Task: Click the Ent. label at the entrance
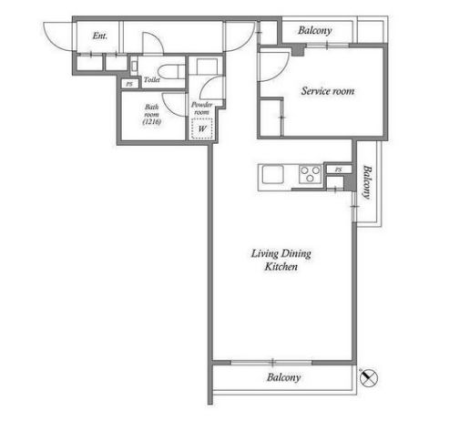100,36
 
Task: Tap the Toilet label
152,80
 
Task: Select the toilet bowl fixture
172,72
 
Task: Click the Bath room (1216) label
151,115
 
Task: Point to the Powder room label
201,108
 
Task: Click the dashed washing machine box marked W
202,128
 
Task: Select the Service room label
328,91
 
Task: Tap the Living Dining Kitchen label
281,260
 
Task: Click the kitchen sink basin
273,175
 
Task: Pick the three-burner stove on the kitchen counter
310,174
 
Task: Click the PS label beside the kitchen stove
339,170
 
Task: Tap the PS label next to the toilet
129,84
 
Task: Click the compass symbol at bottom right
369,378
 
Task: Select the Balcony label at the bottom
284,377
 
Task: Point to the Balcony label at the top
315,30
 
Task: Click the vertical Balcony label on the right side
367,182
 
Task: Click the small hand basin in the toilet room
134,67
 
